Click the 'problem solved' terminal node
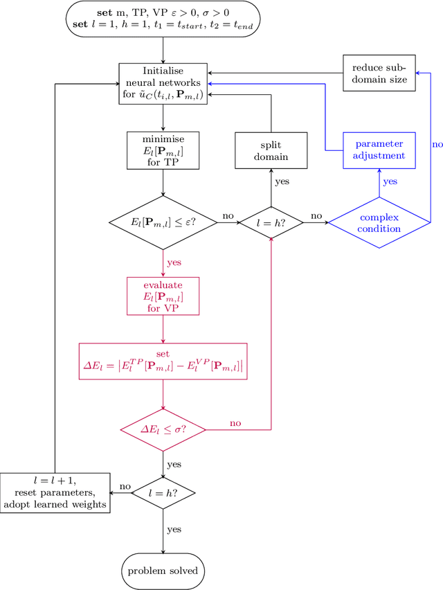click(163, 571)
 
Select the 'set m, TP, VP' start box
click(163, 20)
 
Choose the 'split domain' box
click(271, 150)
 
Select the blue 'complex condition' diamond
click(379, 222)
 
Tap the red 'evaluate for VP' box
click(163, 296)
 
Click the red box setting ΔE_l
click(163, 361)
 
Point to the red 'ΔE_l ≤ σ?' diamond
click(163, 430)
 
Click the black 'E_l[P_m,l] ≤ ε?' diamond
click(163, 222)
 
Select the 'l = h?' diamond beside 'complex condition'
click(271, 222)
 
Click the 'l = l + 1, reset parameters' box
click(55, 492)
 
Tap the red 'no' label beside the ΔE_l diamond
click(235, 422)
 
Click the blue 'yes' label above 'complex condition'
click(390, 182)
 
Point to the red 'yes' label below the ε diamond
click(174, 263)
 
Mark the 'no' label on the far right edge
click(436, 145)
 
